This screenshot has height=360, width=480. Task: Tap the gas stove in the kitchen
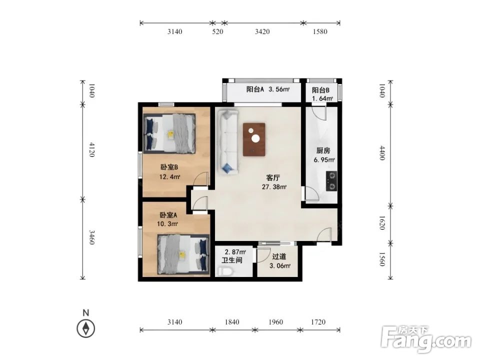(331, 181)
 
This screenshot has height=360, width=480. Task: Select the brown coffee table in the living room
(254, 139)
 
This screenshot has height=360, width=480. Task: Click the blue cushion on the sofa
(228, 168)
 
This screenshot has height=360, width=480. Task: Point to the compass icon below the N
(85, 328)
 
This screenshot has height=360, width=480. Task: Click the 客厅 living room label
(273, 177)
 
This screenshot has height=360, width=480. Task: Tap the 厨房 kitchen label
(323, 150)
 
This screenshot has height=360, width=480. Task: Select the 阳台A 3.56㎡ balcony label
(268, 89)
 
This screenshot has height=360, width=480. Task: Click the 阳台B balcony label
(320, 90)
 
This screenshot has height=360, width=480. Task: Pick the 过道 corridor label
(279, 256)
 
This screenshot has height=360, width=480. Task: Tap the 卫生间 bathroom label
(232, 260)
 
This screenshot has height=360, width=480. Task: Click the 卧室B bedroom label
(169, 167)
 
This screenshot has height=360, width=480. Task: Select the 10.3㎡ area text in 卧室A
(167, 224)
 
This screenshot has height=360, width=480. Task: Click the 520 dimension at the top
(217, 31)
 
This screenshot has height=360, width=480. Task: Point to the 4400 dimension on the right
(382, 153)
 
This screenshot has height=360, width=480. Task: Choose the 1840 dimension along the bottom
(231, 322)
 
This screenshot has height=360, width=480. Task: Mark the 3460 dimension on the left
(91, 237)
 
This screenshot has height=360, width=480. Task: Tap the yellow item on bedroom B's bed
(170, 134)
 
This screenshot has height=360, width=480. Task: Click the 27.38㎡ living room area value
(274, 186)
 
